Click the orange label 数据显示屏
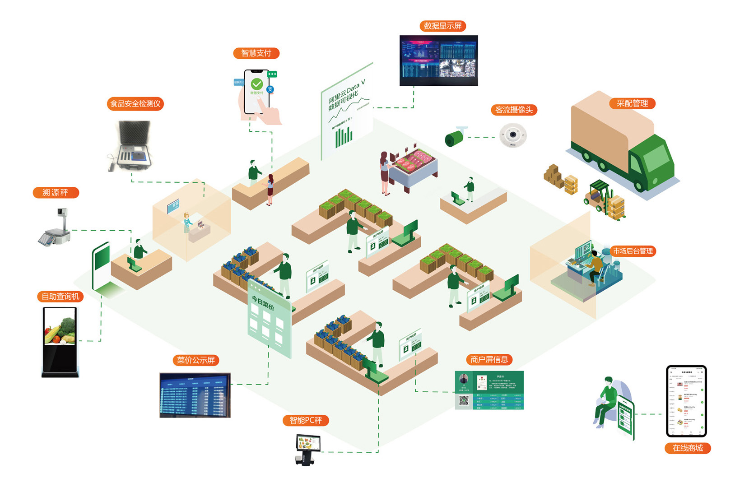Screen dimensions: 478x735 tap(442, 26)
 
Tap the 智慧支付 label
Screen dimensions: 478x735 tap(256, 53)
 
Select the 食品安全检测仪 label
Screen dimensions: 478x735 tap(135, 104)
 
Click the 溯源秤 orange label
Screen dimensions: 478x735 tap(56, 193)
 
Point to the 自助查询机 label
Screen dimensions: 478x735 tap(60, 297)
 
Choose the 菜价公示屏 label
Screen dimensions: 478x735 tap(196, 360)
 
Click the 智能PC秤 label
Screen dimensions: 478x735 tap(306, 420)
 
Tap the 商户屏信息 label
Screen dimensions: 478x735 tap(489, 360)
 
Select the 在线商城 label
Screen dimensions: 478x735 tap(688, 448)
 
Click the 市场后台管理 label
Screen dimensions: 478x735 tap(633, 251)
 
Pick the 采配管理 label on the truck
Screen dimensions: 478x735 tap(632, 103)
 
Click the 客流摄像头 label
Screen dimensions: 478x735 tap(514, 110)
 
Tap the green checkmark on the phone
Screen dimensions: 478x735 tap(257, 84)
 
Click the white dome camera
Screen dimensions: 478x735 tap(513, 135)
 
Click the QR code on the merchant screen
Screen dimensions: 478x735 tap(463, 401)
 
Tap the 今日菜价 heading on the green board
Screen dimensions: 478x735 tap(263, 304)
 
